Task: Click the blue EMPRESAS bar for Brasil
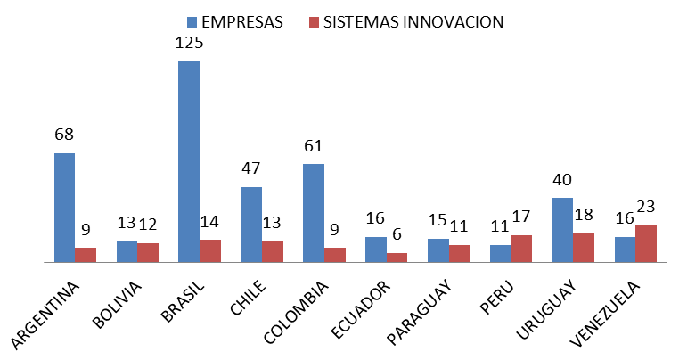(189, 161)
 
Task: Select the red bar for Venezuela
(646, 243)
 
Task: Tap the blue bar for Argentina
(64, 208)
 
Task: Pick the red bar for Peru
(521, 249)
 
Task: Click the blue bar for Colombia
(314, 213)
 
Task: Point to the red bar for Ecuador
(397, 258)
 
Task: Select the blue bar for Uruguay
(562, 230)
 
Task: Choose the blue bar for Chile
(251, 225)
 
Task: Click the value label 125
(189, 43)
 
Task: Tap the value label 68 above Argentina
(64, 135)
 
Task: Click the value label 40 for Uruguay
(562, 179)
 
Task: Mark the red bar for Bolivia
(147, 252)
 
